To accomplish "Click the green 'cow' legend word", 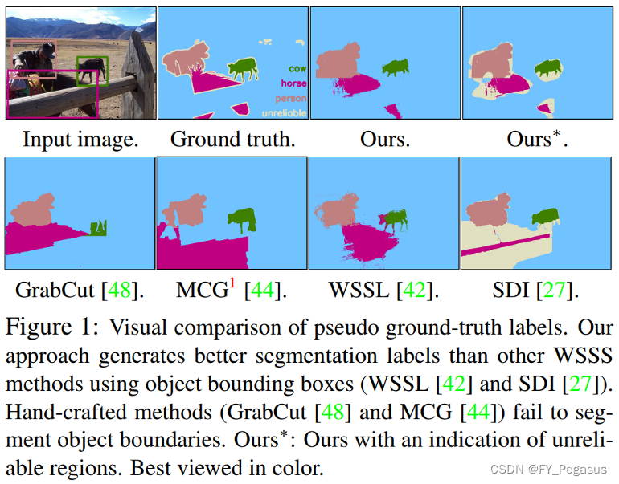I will tap(297, 69).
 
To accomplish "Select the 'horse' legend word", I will tap(293, 84).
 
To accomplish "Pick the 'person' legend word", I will tap(290, 99).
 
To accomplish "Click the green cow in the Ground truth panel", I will tap(242, 69).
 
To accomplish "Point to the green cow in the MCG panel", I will tap(240, 220).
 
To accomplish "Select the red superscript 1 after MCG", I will tap(232, 283).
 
